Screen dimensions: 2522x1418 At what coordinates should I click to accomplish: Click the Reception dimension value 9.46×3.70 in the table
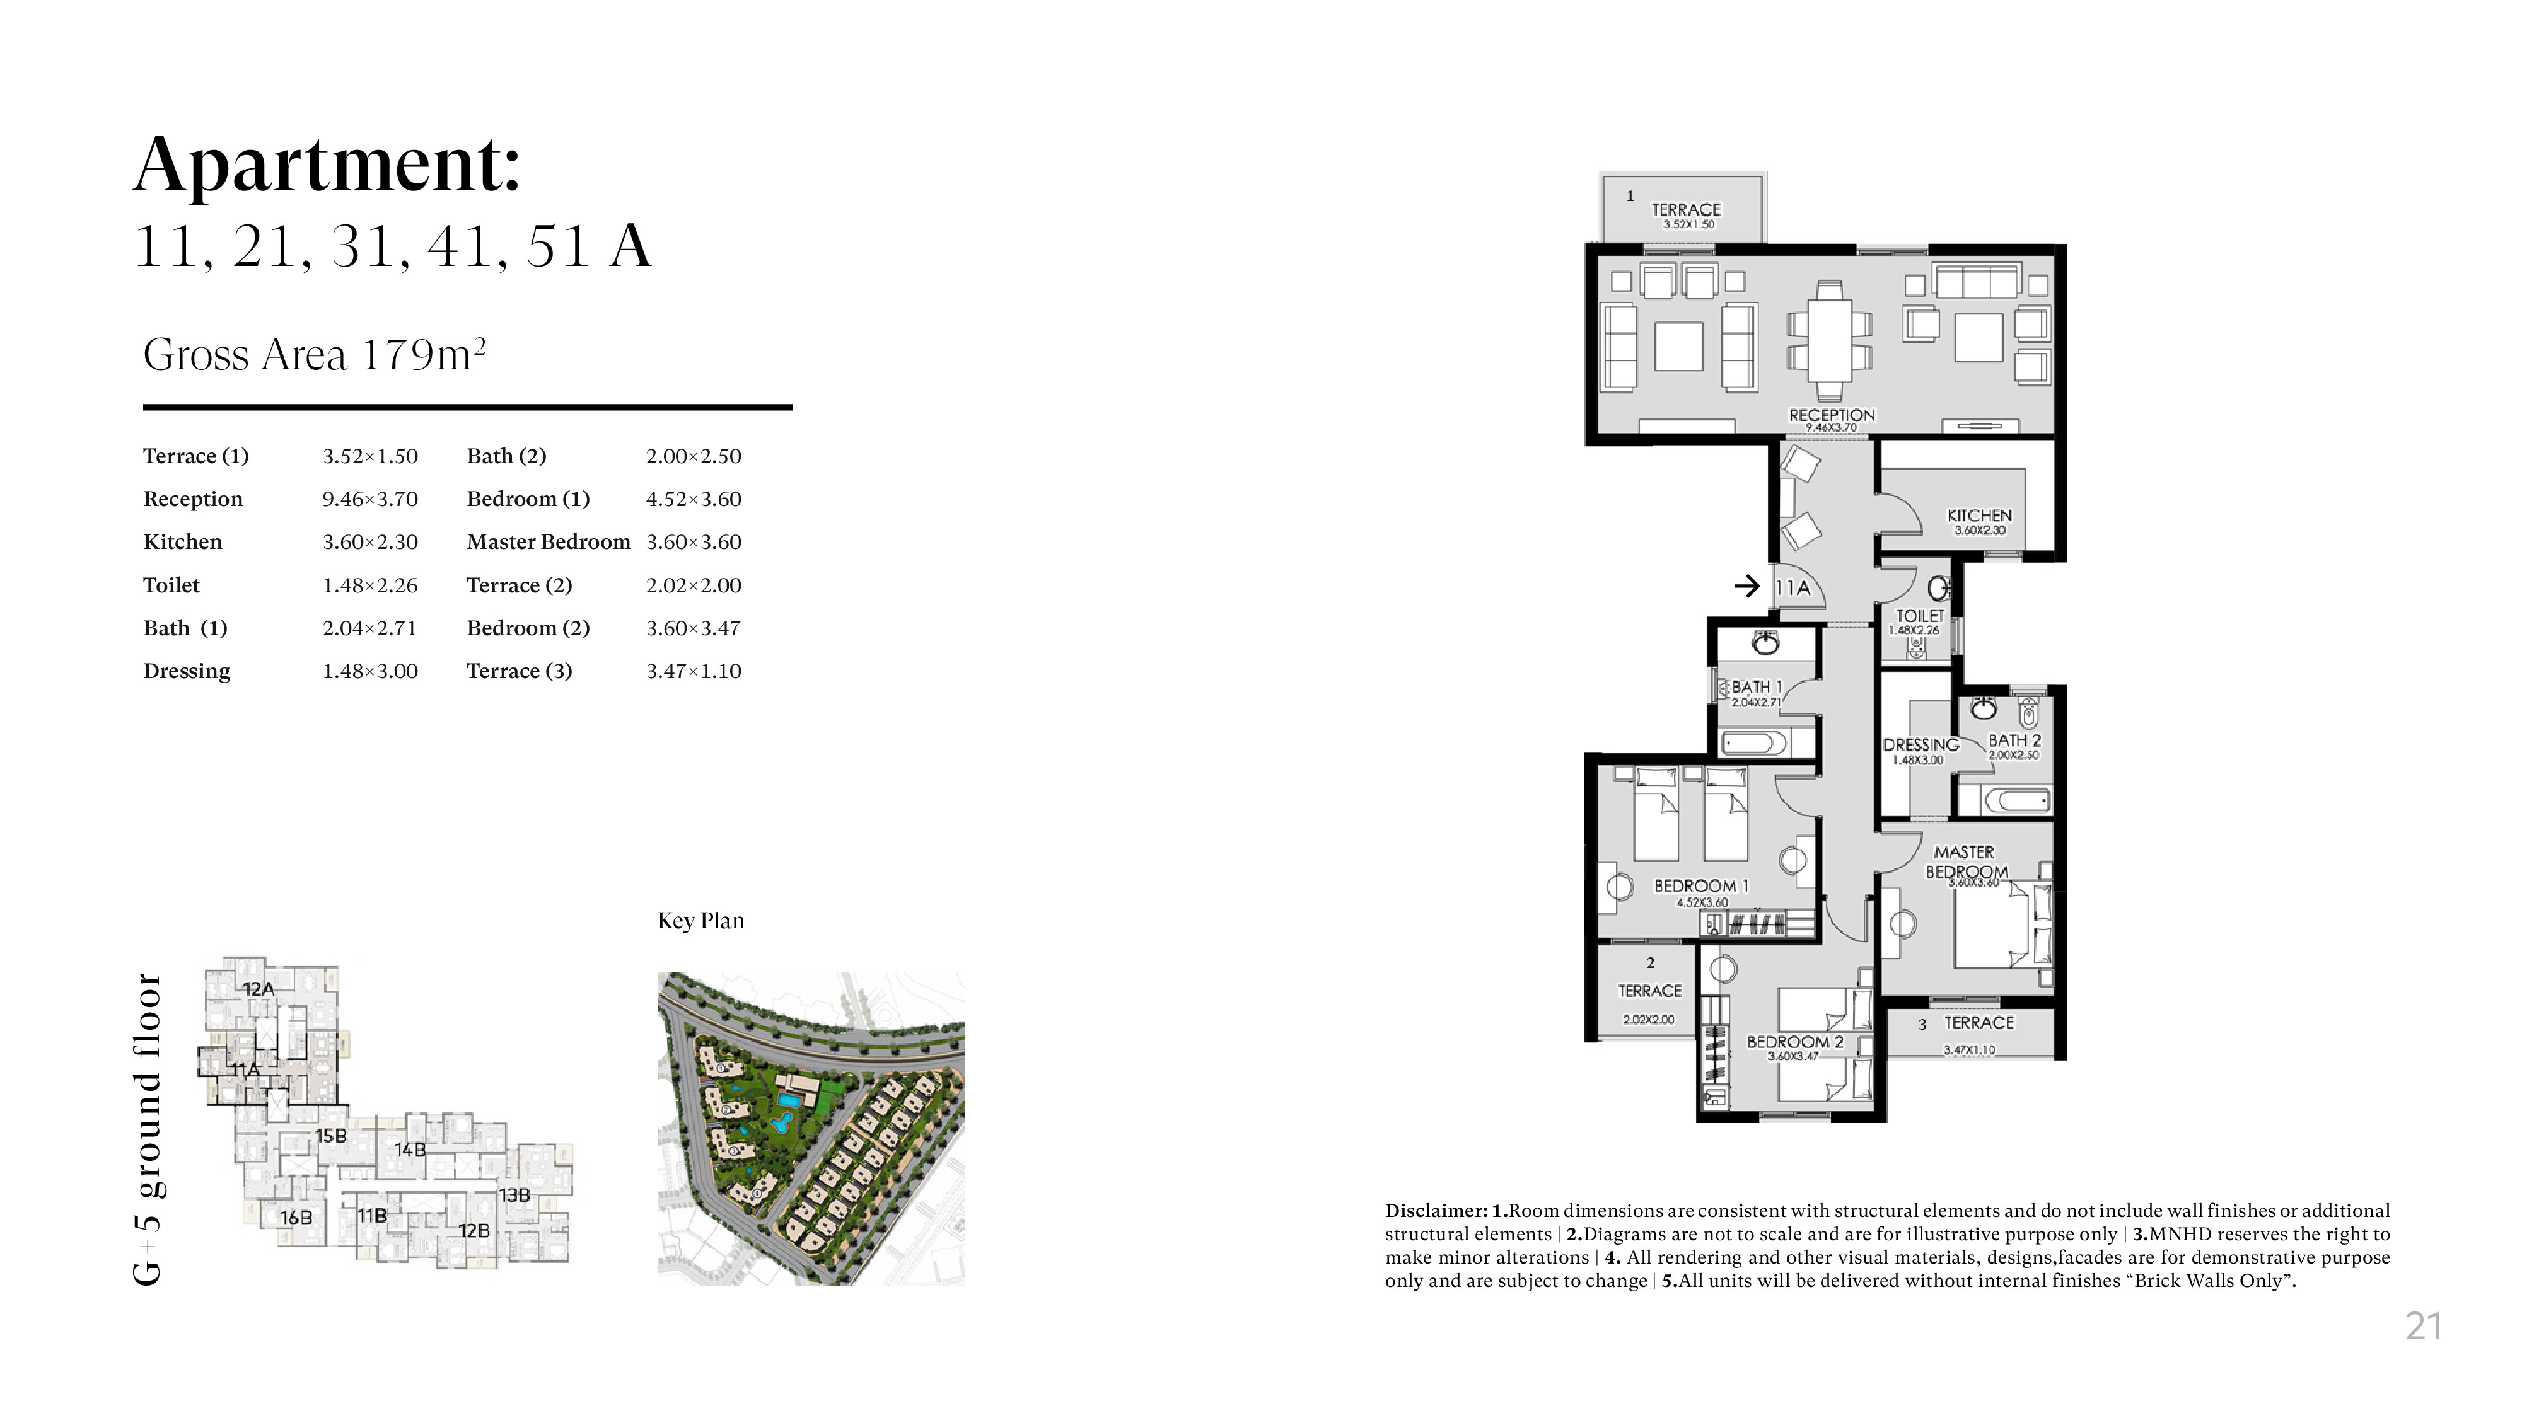(x=370, y=499)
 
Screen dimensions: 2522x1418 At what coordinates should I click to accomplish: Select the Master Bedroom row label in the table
(x=549, y=542)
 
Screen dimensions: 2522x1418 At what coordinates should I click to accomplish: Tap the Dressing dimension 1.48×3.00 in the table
(x=370, y=671)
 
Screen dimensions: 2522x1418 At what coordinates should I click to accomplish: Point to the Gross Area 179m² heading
(x=314, y=354)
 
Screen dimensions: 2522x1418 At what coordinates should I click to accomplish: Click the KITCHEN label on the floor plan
(x=1980, y=516)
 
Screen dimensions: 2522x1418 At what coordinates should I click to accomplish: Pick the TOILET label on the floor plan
(x=1920, y=616)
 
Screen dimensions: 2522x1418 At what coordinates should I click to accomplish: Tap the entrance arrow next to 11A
(x=1746, y=586)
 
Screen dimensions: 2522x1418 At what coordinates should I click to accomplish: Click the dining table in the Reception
(x=1829, y=338)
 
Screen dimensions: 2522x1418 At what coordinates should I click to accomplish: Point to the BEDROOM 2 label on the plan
(x=1796, y=1042)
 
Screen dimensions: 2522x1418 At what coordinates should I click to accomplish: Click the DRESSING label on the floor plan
(x=1921, y=745)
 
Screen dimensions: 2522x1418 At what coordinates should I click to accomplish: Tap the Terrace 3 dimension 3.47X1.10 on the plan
(x=1969, y=1050)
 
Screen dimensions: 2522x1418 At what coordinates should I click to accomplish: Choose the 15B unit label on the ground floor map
(x=331, y=1136)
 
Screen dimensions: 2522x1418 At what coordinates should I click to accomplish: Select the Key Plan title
(x=701, y=921)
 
